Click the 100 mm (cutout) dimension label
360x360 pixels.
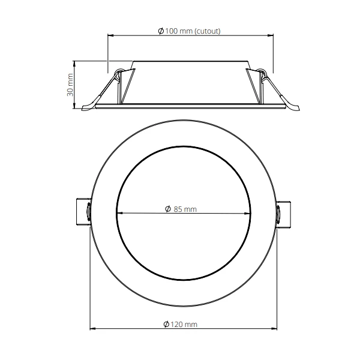(190, 31)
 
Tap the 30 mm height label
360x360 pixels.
(70, 85)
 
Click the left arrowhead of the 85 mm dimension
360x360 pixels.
(119, 213)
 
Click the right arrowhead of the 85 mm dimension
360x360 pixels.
(249, 213)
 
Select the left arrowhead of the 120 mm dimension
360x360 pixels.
(93, 329)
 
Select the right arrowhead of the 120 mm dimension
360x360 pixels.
(275, 329)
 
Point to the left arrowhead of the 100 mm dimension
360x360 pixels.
(110, 35)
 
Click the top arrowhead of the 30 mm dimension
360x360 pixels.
(75, 62)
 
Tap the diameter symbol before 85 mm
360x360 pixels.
(167, 209)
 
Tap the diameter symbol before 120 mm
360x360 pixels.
(166, 325)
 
